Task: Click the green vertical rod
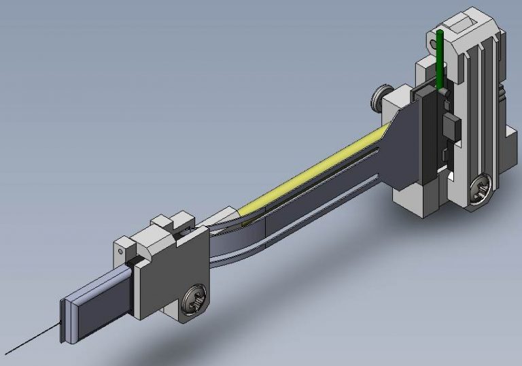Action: coord(441,58)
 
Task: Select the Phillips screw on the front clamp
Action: coord(192,299)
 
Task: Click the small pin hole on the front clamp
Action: coord(122,250)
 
